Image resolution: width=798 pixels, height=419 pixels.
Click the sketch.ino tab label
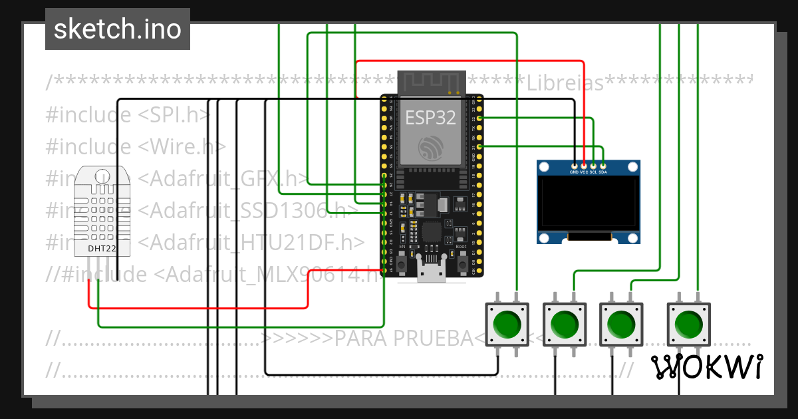point(118,29)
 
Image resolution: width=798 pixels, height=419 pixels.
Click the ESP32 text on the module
point(431,118)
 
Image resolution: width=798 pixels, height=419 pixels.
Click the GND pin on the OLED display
point(575,164)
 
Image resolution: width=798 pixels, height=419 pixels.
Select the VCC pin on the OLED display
point(584,164)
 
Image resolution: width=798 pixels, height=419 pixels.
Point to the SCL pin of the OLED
point(593,164)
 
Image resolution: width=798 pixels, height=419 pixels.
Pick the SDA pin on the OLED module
point(602,164)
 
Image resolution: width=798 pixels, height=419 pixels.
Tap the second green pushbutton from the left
point(565,324)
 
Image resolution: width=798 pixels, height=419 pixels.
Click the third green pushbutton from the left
point(622,324)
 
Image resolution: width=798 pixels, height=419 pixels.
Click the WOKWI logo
point(706,366)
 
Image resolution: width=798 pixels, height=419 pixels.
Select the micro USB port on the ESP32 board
point(431,273)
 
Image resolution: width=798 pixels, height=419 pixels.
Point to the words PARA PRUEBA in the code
point(403,338)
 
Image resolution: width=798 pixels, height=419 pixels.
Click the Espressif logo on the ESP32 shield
point(431,147)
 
